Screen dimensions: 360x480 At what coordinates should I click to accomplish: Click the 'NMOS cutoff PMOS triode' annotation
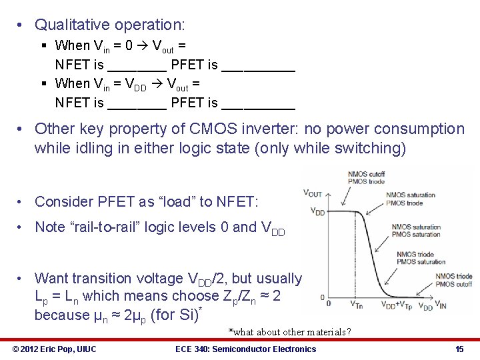click(x=365, y=178)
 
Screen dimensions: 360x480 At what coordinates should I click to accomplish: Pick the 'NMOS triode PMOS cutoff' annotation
click(x=454, y=280)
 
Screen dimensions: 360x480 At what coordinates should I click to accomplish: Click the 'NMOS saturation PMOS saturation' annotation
click(x=415, y=231)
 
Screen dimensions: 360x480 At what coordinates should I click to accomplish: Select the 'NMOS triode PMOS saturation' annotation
click(x=420, y=258)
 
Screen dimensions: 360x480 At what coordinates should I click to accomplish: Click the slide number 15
click(x=459, y=349)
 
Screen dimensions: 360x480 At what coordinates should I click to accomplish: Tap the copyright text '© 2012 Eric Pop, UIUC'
click(x=55, y=349)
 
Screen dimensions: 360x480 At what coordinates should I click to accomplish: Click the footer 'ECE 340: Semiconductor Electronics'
click(x=245, y=349)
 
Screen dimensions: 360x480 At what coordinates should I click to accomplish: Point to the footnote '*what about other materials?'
click(x=289, y=332)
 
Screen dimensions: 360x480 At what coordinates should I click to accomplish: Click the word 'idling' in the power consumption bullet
click(x=99, y=147)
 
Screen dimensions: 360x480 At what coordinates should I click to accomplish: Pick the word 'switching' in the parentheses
click(x=367, y=147)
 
